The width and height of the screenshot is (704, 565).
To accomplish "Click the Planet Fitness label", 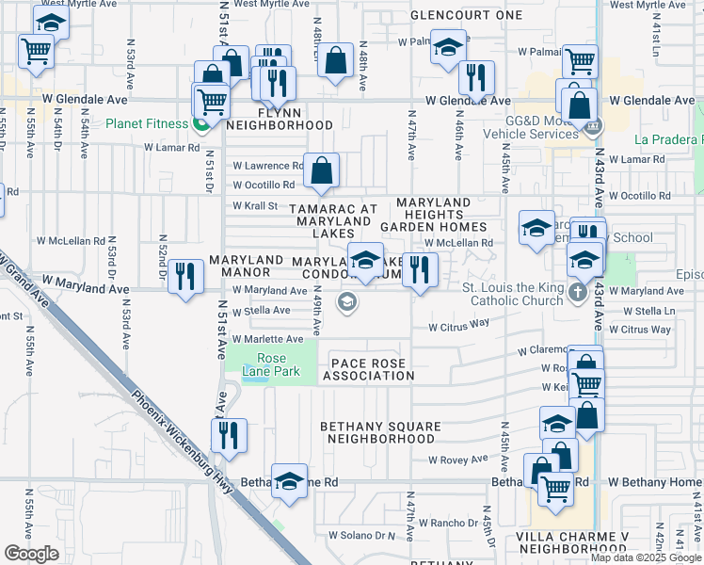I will (146, 123).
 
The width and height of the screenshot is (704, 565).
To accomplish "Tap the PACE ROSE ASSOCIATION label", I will (368, 370).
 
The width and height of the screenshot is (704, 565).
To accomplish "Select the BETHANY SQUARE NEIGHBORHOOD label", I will (380, 433).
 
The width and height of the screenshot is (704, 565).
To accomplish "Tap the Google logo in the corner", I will (31, 554).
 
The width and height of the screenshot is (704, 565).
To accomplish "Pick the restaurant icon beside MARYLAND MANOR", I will (186, 276).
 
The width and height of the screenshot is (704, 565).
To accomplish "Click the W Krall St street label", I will (256, 205).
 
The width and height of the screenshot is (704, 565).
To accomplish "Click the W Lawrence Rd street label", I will (268, 166).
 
